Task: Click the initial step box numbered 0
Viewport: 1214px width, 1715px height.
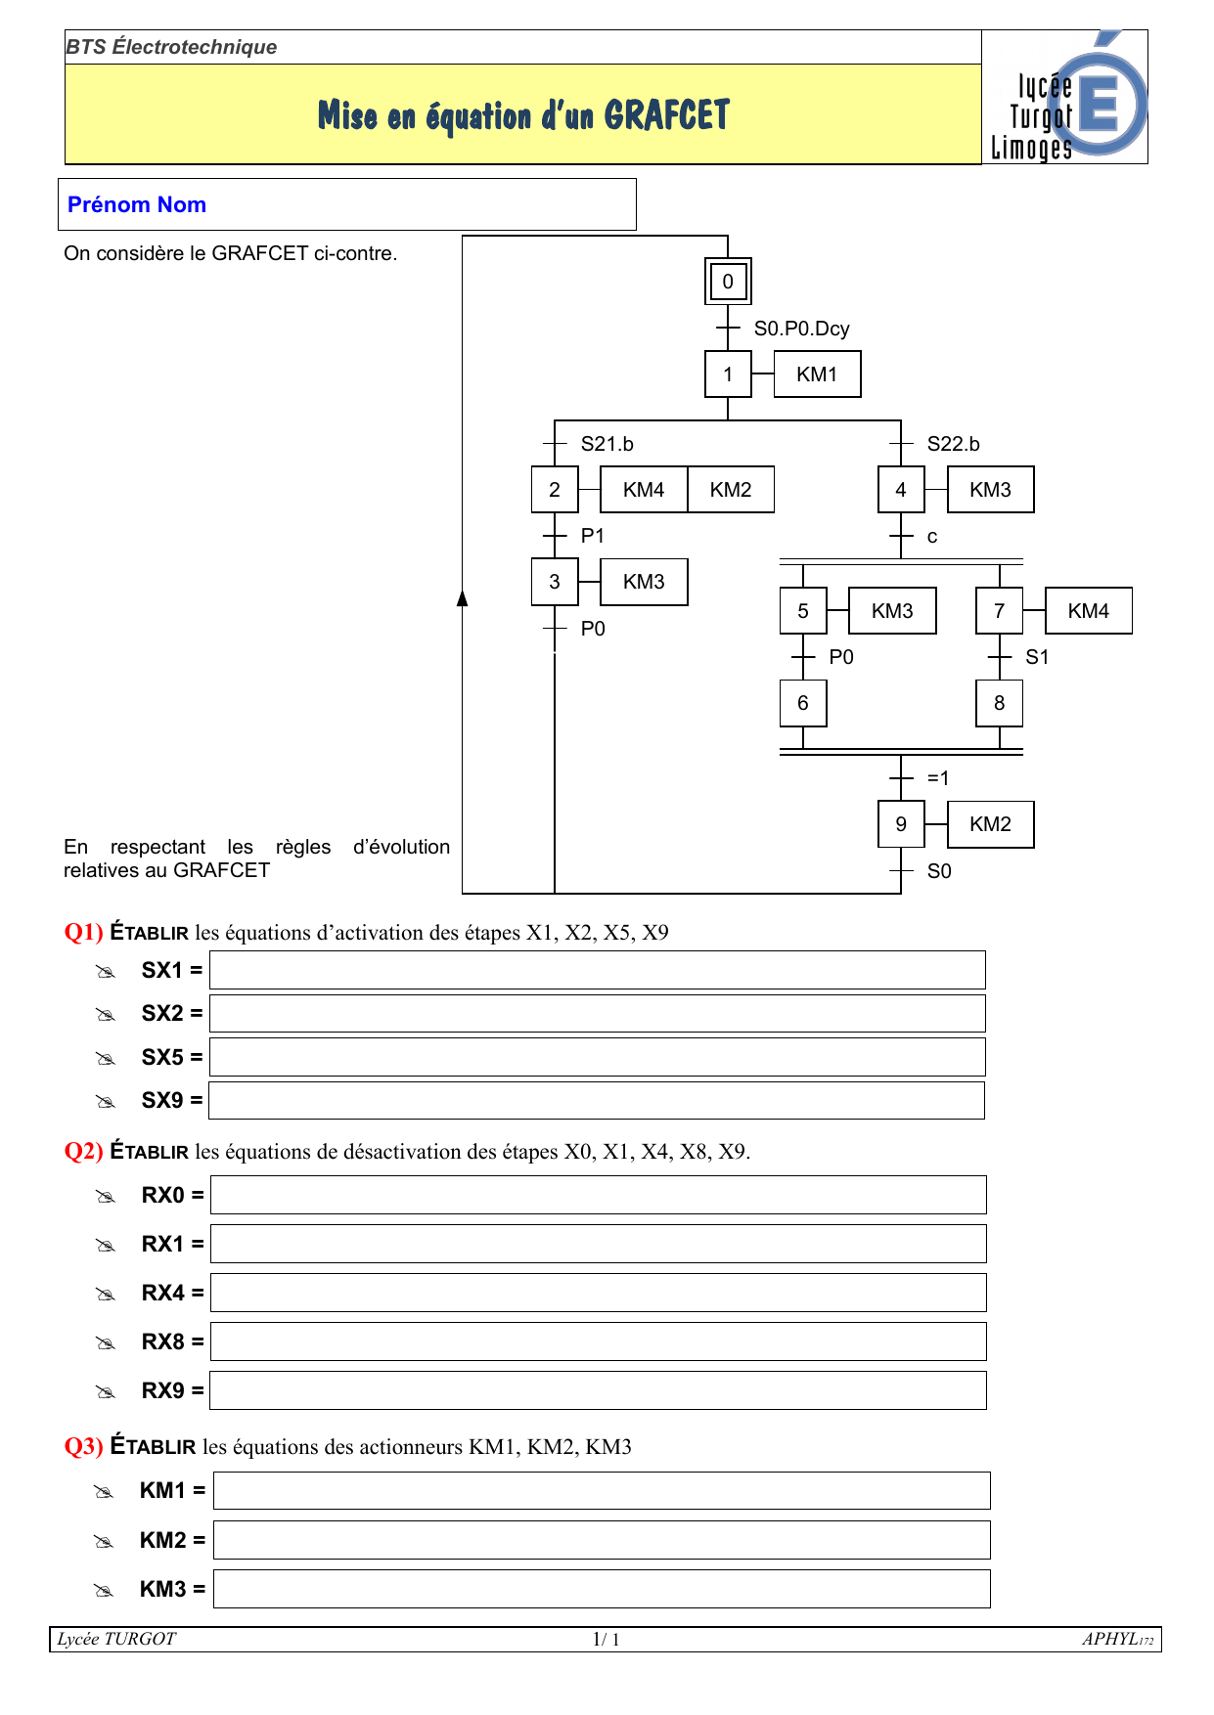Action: click(728, 282)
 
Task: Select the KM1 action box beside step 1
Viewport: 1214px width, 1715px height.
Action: click(817, 374)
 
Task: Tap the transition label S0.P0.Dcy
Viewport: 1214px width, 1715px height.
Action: click(801, 329)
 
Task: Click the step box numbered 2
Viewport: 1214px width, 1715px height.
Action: click(555, 490)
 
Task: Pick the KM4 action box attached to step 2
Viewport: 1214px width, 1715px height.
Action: click(643, 490)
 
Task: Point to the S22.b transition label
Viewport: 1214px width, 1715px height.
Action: click(953, 444)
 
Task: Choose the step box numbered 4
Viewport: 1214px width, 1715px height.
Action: click(901, 490)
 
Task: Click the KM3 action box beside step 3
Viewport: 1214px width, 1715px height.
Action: click(643, 582)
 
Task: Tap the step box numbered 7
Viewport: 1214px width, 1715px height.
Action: click(999, 611)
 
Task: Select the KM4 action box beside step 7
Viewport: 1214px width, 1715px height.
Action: click(1088, 611)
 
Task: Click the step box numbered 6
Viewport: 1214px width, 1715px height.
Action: click(803, 703)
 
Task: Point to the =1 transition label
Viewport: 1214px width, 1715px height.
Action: click(937, 778)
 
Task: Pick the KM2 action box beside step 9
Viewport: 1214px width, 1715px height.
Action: click(990, 824)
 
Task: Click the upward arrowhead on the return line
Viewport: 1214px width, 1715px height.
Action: click(463, 598)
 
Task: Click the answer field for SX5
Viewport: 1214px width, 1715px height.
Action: click(597, 1057)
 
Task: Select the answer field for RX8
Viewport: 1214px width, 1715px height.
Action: click(598, 1341)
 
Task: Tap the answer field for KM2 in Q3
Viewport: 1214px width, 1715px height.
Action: click(602, 1540)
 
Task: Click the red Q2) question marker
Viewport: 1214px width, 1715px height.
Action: click(83, 1151)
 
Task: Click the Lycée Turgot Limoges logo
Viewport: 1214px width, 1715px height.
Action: click(1065, 98)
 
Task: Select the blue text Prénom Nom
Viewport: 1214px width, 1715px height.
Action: click(137, 204)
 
